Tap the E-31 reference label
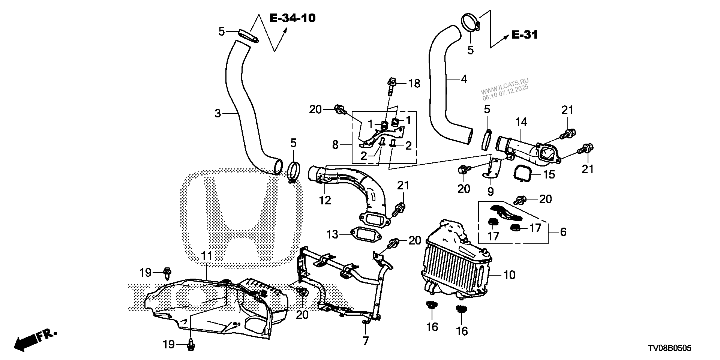coord(525,35)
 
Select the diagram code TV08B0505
coord(669,348)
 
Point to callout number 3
coord(218,113)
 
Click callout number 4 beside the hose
coord(464,79)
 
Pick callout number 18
coord(414,83)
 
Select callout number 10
coord(510,275)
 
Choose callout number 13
coord(332,235)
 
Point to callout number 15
coord(549,174)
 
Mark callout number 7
coord(366,340)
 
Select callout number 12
coord(325,200)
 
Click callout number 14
coord(521,122)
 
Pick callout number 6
coord(563,232)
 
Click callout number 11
coord(207,256)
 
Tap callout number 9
coord(490,192)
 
